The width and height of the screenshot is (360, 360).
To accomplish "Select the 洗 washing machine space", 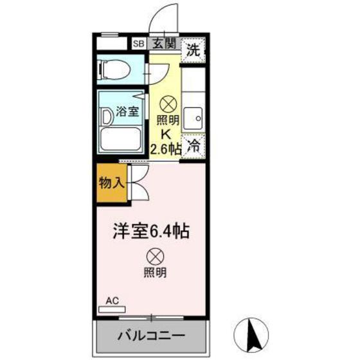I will (194, 48).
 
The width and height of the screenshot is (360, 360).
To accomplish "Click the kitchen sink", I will (194, 118).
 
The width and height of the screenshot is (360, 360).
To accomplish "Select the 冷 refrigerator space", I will (193, 146).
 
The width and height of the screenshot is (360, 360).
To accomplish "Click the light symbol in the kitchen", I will (167, 103).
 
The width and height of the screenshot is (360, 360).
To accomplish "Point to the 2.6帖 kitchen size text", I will (165, 150).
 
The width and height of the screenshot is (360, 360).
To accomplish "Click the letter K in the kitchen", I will (165, 135).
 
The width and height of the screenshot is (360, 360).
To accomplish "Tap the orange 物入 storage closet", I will (111, 183).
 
